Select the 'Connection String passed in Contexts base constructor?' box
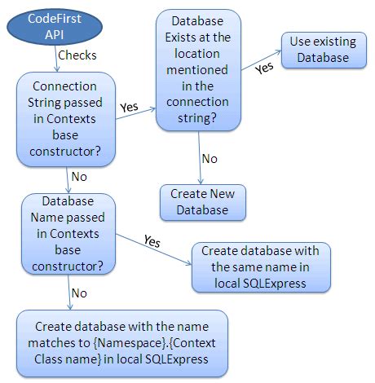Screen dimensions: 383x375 tap(66, 118)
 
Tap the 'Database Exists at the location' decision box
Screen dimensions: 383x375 tap(199, 69)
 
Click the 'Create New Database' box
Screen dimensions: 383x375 tap(202, 201)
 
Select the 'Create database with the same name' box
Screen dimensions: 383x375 tap(260, 266)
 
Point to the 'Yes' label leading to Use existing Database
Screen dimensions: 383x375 tap(264, 68)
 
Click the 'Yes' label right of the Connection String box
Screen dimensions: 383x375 tap(130, 106)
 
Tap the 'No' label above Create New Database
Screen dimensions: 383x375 tap(210, 158)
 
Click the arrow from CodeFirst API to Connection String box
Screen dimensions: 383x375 tap(55, 59)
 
